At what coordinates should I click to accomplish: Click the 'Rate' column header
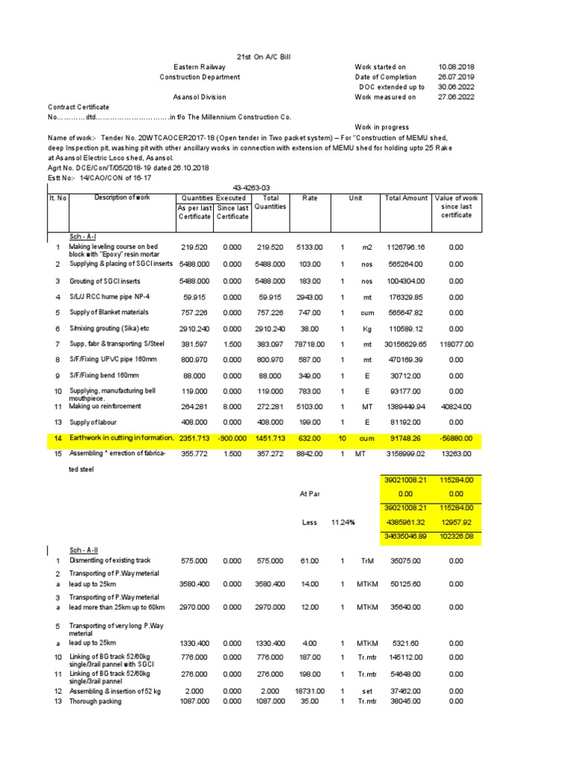(x=309, y=198)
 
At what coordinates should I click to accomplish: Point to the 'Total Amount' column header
(x=406, y=198)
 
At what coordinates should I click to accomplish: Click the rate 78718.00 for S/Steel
(x=309, y=344)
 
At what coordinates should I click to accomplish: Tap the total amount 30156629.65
(x=406, y=344)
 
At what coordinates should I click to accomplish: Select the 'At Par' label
(x=308, y=493)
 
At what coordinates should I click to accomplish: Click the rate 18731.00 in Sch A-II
(x=309, y=691)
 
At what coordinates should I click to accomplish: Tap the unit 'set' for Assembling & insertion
(x=366, y=691)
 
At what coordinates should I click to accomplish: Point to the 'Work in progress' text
(x=382, y=127)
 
